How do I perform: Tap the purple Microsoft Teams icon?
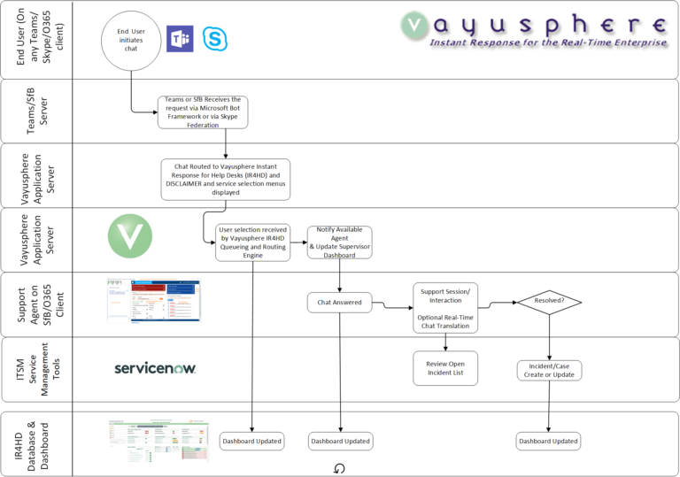click(x=180, y=40)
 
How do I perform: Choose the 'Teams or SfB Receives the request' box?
click(x=203, y=112)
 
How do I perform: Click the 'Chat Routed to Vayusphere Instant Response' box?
click(x=225, y=179)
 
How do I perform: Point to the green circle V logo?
click(x=129, y=237)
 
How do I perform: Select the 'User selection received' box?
click(x=253, y=242)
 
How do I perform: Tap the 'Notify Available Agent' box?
click(x=339, y=242)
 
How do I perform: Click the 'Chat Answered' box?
click(x=340, y=303)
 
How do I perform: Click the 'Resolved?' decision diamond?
click(x=549, y=302)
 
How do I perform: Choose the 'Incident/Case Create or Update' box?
click(x=549, y=369)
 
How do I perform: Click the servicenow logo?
click(x=155, y=367)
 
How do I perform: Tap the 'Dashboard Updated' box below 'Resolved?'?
click(x=549, y=440)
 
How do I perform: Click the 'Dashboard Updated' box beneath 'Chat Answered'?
click(x=340, y=440)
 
